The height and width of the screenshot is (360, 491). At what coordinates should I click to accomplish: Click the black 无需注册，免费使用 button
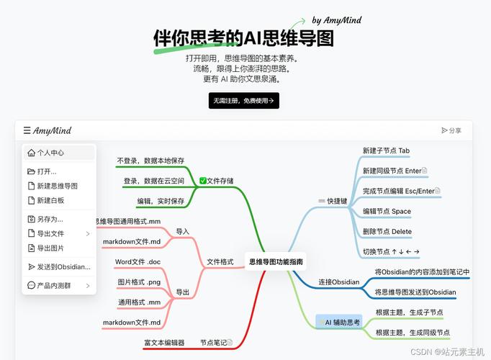(243, 101)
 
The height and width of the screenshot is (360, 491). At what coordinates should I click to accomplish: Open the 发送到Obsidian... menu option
(59, 266)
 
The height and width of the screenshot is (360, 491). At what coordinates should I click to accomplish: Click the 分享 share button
(451, 130)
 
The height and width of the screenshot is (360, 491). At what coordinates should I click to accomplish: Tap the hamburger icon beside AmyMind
(27, 130)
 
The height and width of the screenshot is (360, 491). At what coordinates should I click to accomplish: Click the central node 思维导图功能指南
(276, 261)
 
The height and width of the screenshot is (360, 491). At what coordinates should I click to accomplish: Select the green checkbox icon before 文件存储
(202, 181)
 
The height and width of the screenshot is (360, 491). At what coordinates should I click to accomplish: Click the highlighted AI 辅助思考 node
(339, 322)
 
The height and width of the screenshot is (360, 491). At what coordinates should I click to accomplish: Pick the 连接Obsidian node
(339, 282)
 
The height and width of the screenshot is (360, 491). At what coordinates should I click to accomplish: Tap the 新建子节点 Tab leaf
(386, 150)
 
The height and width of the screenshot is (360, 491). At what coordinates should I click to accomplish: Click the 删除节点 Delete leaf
(387, 232)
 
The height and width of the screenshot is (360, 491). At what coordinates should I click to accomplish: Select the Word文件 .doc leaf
(138, 261)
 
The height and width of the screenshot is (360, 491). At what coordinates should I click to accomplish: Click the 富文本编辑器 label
(164, 343)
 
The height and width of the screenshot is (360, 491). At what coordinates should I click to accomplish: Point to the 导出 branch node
(183, 292)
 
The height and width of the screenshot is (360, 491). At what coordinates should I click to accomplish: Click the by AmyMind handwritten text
(337, 20)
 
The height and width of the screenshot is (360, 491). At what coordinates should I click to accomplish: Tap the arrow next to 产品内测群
(88, 286)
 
